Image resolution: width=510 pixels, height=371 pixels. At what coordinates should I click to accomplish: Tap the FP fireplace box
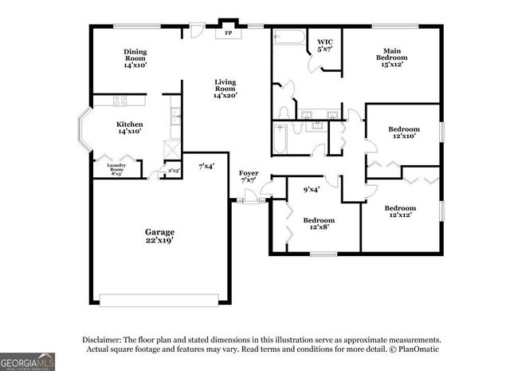[229, 33]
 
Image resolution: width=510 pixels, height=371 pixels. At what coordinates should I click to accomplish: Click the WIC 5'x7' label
[325, 45]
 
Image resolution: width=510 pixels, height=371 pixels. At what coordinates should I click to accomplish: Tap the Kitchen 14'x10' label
[129, 128]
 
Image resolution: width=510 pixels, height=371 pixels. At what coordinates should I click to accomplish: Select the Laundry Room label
[116, 168]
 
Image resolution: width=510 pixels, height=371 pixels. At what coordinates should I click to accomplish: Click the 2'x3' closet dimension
[172, 170]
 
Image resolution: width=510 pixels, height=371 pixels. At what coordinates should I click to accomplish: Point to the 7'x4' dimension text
[206, 166]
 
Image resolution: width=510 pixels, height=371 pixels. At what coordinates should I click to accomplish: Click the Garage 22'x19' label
[159, 235]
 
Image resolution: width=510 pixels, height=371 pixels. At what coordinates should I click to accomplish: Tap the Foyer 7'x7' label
[249, 177]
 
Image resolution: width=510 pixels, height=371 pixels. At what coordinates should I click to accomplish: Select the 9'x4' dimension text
[311, 189]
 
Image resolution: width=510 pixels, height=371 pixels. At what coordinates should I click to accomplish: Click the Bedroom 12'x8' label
[318, 224]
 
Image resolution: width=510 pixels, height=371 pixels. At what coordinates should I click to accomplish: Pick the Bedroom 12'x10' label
[403, 133]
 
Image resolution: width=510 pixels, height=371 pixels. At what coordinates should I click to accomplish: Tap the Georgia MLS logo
[27, 361]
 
